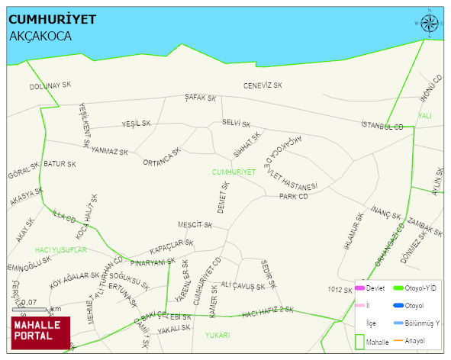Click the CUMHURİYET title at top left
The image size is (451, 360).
coord(52,19)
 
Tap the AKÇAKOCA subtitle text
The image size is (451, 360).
coord(40,36)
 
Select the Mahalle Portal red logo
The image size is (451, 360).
coord(40,331)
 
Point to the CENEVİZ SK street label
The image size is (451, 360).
coord(263,85)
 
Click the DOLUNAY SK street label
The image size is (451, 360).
coord(50,86)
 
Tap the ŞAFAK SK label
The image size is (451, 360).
coord(201,98)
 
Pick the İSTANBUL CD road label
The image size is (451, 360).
coord(382,125)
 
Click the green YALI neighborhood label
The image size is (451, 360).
coord(425,116)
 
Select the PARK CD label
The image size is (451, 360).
coord(293,196)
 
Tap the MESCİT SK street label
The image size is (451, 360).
coord(195,225)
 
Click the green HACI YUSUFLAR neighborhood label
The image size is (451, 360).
coord(61,250)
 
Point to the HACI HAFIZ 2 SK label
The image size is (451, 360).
coord(268,310)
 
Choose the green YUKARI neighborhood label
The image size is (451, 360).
coord(217,334)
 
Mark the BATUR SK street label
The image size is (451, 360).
coord(60,164)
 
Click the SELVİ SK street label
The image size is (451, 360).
coord(237,122)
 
